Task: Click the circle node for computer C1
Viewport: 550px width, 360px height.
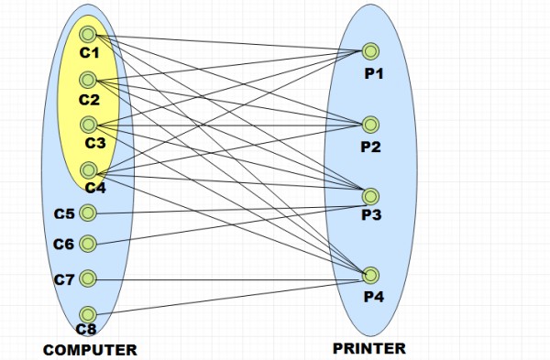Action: click(x=88, y=35)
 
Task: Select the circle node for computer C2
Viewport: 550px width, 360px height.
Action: click(x=88, y=79)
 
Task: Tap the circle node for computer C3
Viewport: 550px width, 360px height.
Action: click(x=88, y=124)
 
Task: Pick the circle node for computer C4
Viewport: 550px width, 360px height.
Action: click(x=88, y=169)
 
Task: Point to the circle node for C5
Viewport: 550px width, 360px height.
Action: click(x=88, y=213)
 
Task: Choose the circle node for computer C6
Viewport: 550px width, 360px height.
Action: click(x=88, y=244)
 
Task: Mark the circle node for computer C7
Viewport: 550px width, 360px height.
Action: click(x=88, y=278)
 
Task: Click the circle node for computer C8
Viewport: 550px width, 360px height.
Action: click(x=88, y=314)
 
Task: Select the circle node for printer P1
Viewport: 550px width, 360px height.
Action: click(x=370, y=50)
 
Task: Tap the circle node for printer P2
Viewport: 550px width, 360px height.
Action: click(x=370, y=124)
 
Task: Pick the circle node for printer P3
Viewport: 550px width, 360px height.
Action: click(x=370, y=195)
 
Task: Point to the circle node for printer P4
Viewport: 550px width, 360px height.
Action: click(x=370, y=274)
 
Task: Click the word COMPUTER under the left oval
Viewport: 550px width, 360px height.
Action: click(x=90, y=349)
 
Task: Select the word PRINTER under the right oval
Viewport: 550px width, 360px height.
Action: click(x=369, y=348)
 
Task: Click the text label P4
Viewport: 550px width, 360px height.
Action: click(x=375, y=296)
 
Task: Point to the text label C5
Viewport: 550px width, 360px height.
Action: click(x=63, y=213)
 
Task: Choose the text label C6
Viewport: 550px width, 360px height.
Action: click(x=63, y=244)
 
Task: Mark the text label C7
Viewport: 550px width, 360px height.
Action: click(x=64, y=278)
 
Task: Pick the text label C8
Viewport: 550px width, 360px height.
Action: click(x=86, y=329)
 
